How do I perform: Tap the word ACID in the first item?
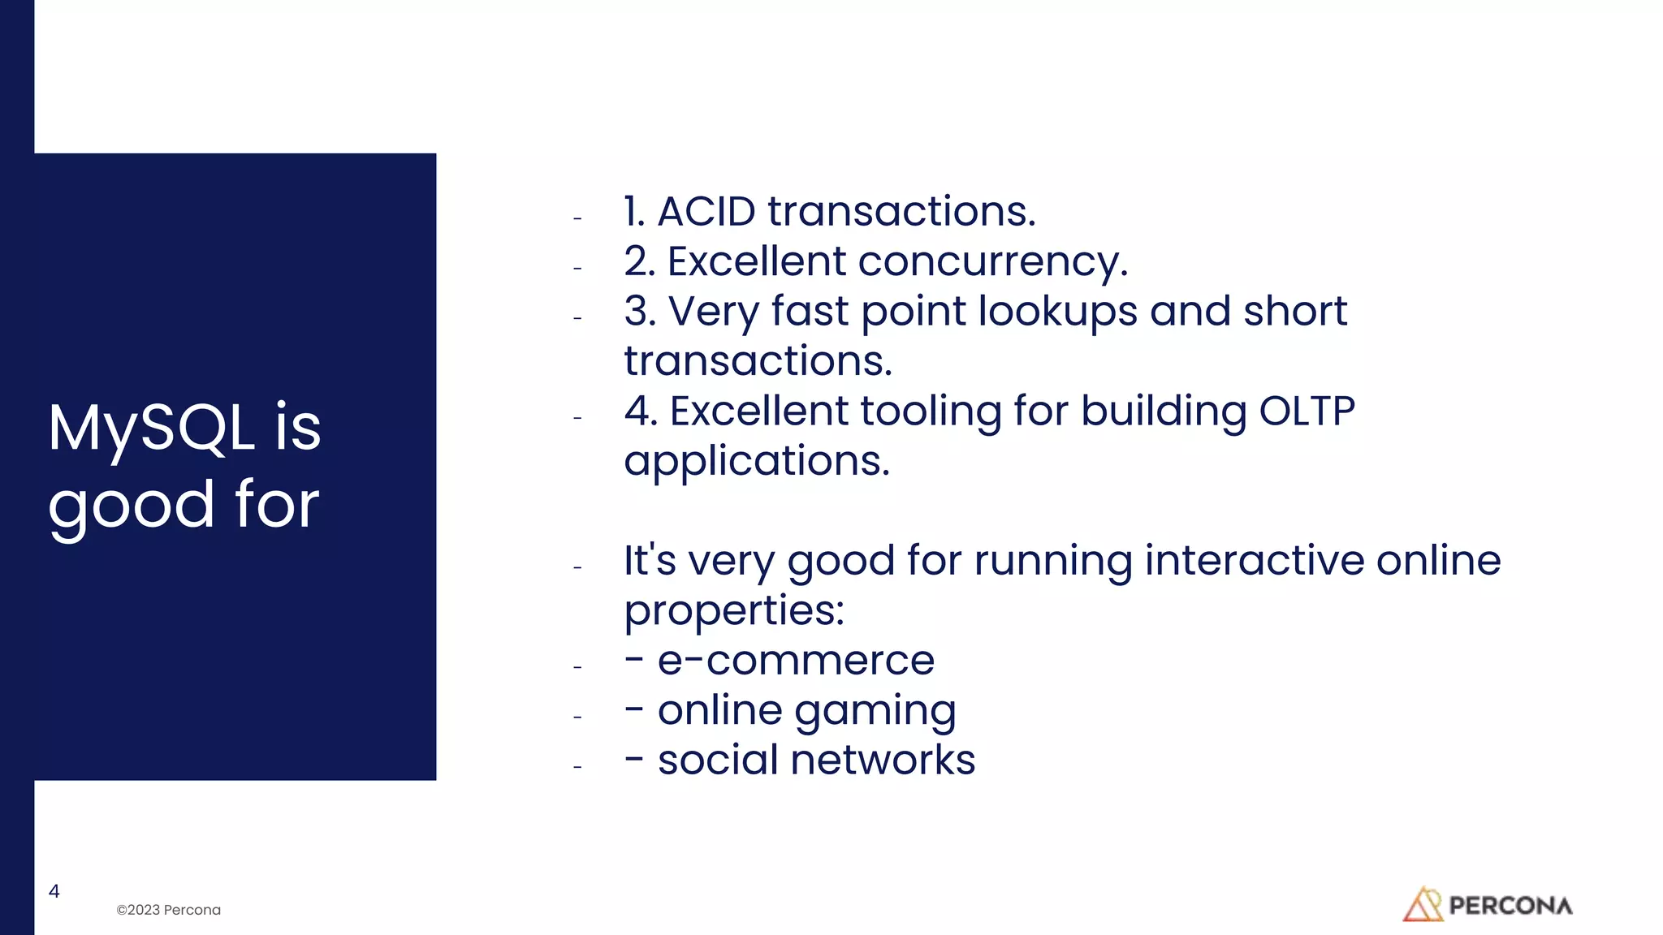(706, 212)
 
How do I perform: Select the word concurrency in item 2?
(992, 262)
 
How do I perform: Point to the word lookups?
(1057, 312)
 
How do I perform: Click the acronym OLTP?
(1307, 411)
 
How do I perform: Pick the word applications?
(757, 461)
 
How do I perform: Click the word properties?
(734, 610)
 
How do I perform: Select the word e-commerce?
(796, 660)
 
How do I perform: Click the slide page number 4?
(54, 891)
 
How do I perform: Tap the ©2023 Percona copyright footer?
(169, 910)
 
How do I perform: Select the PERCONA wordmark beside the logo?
(1510, 906)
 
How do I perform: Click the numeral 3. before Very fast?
(640, 312)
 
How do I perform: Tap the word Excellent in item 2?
(757, 262)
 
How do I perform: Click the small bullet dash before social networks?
(577, 766)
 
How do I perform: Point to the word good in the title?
(132, 506)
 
